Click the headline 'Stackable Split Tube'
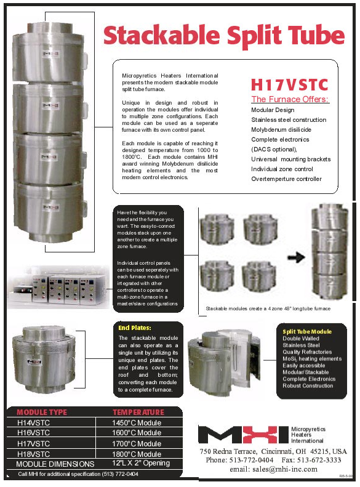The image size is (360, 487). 224,35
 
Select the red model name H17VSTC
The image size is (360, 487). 289,84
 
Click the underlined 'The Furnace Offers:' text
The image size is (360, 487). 290,99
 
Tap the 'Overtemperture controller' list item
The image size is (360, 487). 286,179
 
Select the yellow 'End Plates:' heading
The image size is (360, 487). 134,328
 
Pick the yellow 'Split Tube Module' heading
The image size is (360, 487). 307,331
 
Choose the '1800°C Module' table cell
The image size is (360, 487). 137,454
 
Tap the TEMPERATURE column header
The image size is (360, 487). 138,412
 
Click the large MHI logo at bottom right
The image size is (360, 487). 242,434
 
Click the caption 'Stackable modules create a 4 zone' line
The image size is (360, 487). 268,308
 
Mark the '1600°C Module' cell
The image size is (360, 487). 137,433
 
